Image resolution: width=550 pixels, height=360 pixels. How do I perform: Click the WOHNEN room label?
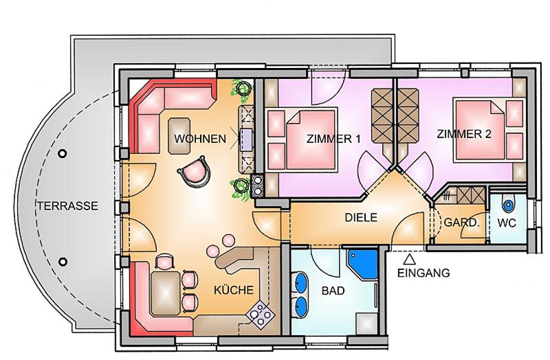pos(200,139)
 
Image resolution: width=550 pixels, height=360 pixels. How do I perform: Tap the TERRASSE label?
pos(67,206)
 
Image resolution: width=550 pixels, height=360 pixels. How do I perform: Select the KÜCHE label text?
pos(234,290)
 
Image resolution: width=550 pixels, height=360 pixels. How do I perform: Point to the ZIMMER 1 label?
pos(333,139)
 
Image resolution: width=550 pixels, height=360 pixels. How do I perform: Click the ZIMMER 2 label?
pos(464,134)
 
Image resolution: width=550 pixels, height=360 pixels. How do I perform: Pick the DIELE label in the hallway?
pos(361,217)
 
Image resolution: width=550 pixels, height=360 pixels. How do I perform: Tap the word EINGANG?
pos(423,273)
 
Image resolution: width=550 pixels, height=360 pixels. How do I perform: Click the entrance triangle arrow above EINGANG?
pos(410,260)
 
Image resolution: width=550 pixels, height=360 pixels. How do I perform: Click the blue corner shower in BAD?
pos(362,265)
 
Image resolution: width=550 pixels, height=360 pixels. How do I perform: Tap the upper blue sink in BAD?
pos(301,282)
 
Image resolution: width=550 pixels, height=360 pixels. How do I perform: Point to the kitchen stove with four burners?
pos(261,313)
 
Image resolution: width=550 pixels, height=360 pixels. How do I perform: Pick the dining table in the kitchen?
pos(166,293)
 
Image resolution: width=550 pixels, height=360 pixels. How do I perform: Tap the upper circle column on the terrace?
pos(63,153)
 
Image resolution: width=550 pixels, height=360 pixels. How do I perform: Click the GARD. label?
pos(461,223)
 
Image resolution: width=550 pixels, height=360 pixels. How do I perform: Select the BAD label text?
pos(333,291)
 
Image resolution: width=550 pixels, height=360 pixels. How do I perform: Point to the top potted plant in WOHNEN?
pos(242,88)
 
